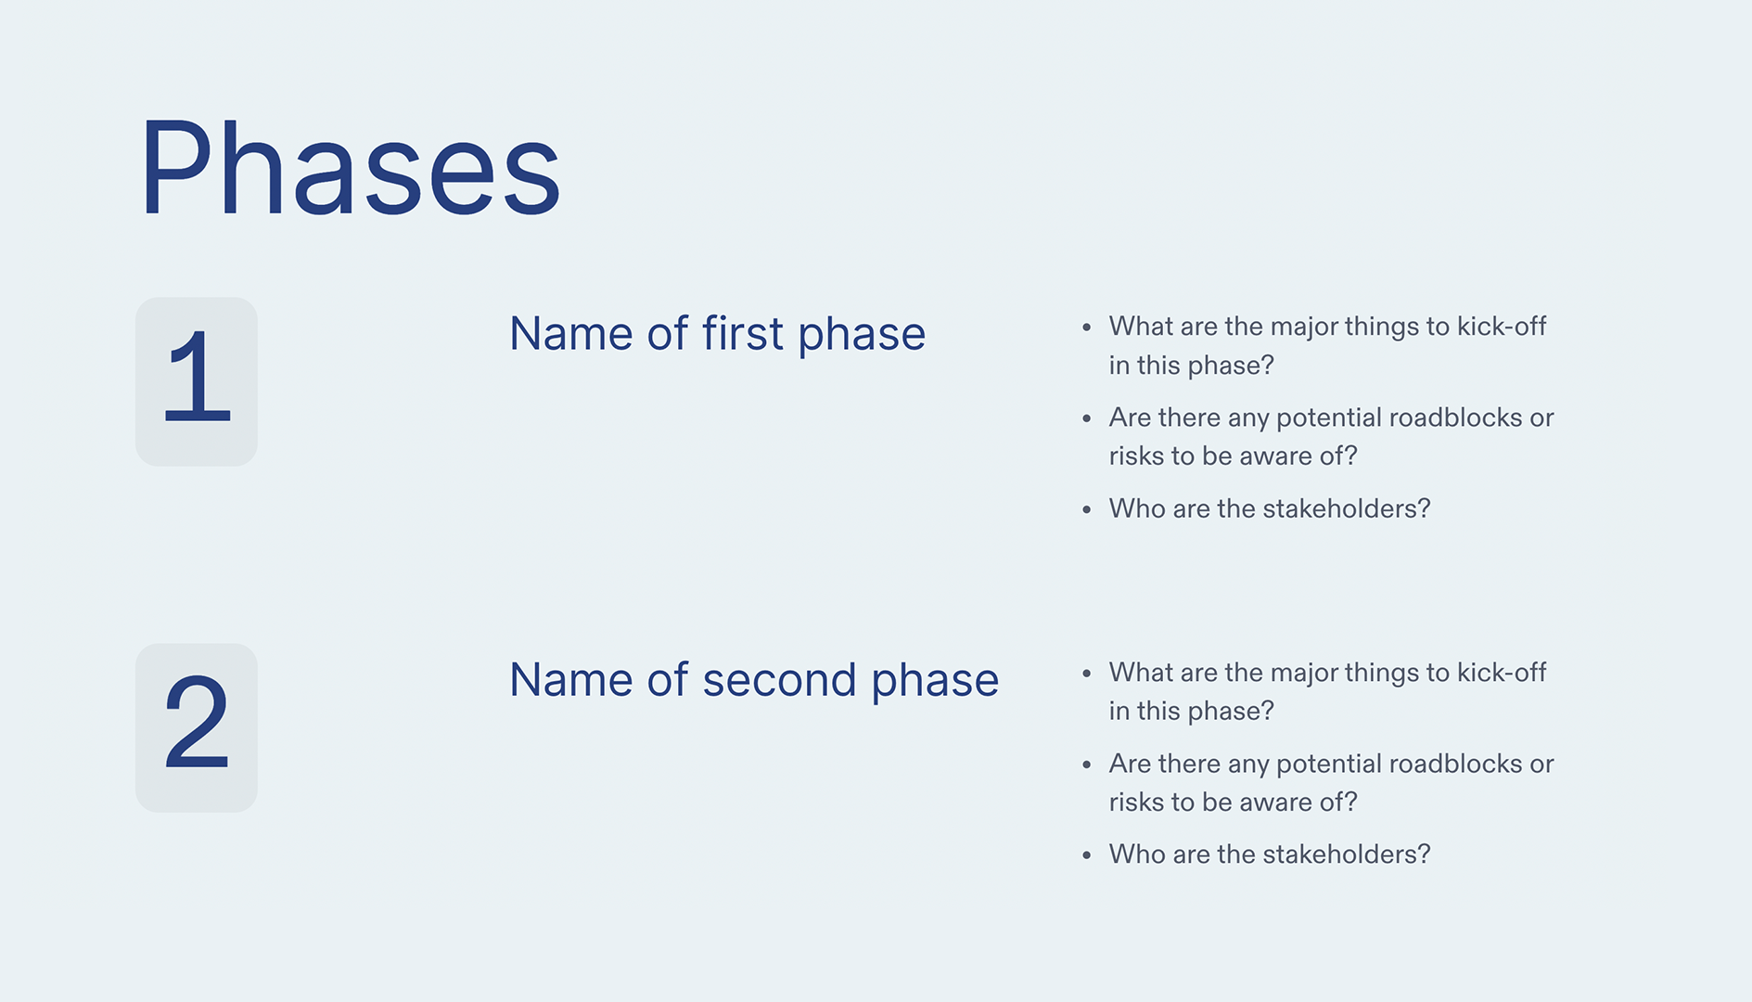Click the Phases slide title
pyautogui.click(x=350, y=169)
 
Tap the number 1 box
pyautogui.click(x=197, y=381)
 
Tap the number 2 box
pyautogui.click(x=197, y=727)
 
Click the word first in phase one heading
pyautogui.click(x=742, y=333)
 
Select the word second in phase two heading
pyautogui.click(x=779, y=679)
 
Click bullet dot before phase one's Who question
pyautogui.click(x=1086, y=509)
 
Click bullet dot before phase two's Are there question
pyautogui.click(x=1086, y=764)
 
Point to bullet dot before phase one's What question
pyautogui.click(x=1086, y=328)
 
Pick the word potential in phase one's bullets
pyautogui.click(x=1329, y=418)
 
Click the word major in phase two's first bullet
pyautogui.click(x=1303, y=674)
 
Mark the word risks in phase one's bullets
pyautogui.click(x=1136, y=456)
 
